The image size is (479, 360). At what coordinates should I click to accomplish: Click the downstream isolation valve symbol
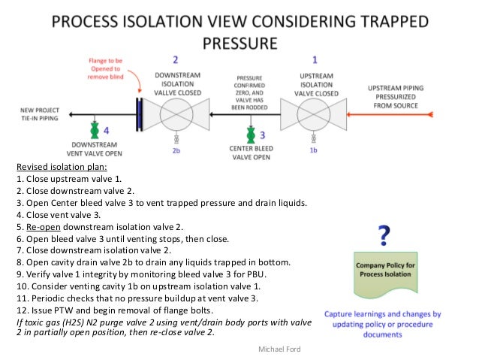(x=174, y=116)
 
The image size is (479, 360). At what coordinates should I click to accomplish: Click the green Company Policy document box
(x=384, y=274)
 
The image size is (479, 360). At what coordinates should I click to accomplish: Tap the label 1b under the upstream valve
(x=314, y=150)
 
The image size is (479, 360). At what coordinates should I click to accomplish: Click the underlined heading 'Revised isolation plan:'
(x=61, y=168)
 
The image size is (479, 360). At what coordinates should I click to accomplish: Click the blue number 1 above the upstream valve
(x=314, y=59)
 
